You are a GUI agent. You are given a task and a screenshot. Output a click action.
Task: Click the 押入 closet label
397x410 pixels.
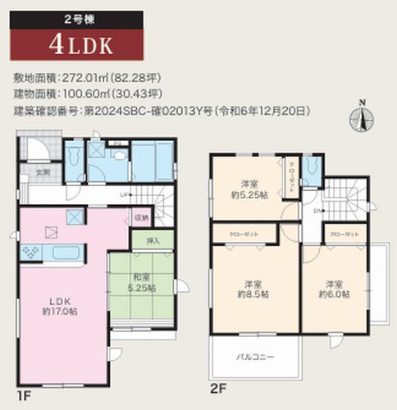(x=152, y=241)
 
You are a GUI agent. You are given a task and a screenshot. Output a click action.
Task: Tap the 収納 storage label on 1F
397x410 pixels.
(x=142, y=217)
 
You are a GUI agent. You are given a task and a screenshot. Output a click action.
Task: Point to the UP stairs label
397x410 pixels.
(x=123, y=194)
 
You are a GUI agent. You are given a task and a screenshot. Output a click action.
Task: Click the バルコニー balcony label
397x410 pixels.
(x=257, y=357)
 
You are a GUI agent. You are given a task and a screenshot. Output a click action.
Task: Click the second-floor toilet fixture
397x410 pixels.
(x=310, y=171)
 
